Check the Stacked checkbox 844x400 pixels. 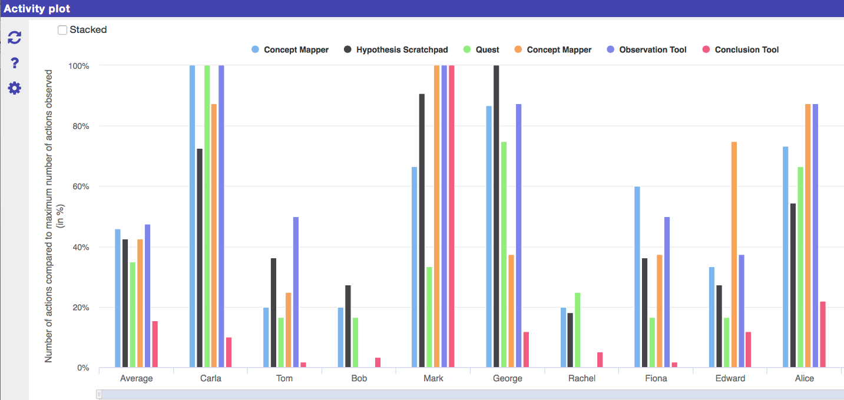[62, 30]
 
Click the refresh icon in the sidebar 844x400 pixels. [14, 38]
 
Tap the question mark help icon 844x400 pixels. [15, 63]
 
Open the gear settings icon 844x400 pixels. [14, 88]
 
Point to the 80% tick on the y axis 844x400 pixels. [79, 126]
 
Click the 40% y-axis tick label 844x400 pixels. [79, 247]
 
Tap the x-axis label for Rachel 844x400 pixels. [581, 378]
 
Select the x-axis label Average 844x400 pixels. [136, 378]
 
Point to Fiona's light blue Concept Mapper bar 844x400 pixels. [637, 277]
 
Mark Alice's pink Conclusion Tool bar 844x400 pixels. [823, 335]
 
